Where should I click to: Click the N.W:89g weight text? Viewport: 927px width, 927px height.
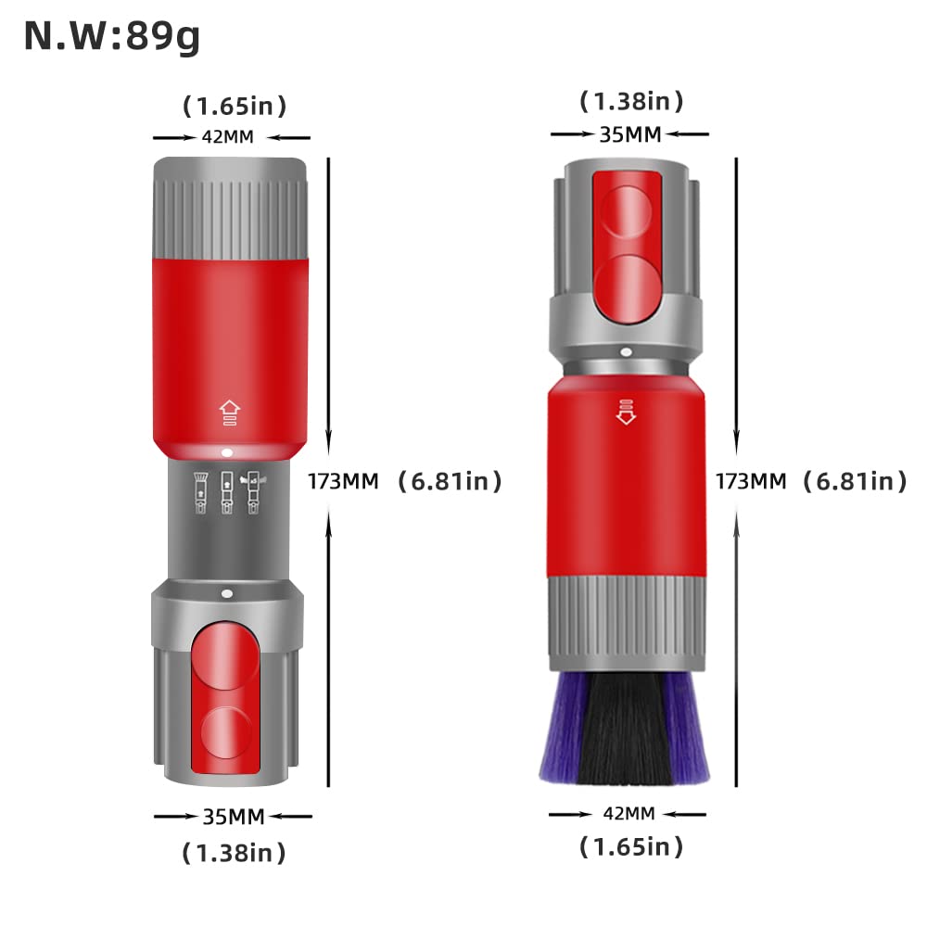point(112,37)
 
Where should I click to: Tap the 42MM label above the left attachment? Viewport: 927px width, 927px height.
point(228,137)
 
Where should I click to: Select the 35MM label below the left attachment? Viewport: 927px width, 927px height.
point(234,817)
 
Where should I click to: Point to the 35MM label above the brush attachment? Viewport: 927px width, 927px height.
point(630,134)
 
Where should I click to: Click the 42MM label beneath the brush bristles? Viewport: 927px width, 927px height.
point(629,814)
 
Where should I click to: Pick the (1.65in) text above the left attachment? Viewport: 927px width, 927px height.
point(235,107)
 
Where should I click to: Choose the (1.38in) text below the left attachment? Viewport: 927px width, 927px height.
point(235,853)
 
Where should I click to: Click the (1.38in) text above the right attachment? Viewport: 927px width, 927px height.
point(631,101)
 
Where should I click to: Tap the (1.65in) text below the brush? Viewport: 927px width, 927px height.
point(631,846)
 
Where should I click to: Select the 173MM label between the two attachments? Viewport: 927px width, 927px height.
point(343,481)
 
